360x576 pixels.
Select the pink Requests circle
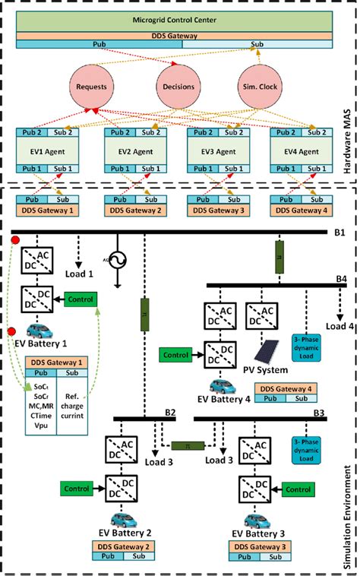pos(91,87)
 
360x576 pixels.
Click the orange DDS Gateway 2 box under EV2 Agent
pos(133,210)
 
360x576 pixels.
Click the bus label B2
pos(171,413)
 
